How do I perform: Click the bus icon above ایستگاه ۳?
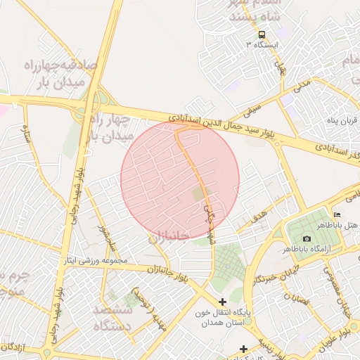(262, 34)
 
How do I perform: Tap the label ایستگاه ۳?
(262, 44)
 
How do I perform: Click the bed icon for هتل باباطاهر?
(337, 214)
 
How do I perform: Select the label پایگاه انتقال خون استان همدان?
(224, 316)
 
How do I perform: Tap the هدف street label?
(259, 213)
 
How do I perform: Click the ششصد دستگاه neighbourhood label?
(112, 318)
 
